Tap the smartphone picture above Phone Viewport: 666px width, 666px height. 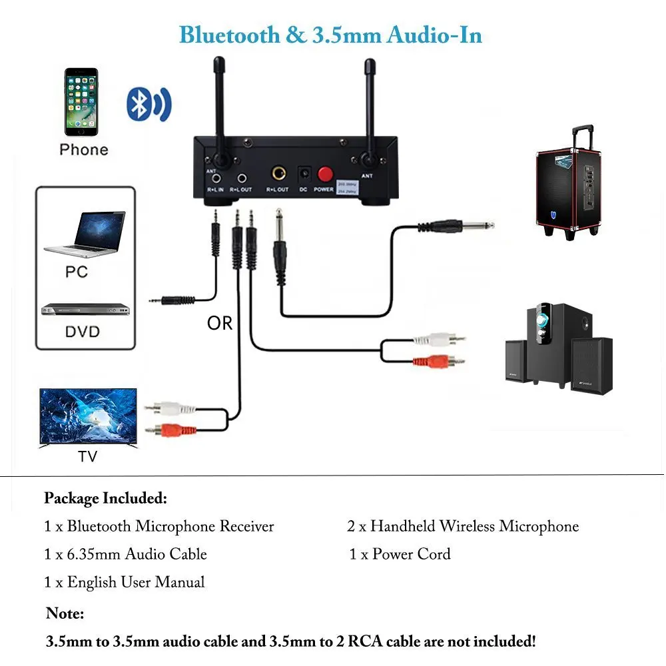(81, 102)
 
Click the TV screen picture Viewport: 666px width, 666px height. (88, 418)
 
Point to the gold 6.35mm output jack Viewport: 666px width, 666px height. (277, 175)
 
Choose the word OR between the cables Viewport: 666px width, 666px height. (220, 323)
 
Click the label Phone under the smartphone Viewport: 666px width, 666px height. (83, 149)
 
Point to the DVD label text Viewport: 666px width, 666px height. (83, 331)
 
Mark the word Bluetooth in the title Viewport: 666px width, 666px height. (230, 34)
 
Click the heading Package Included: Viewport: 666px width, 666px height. (105, 498)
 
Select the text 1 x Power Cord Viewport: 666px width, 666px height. (400, 554)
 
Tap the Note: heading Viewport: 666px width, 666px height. (65, 613)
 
